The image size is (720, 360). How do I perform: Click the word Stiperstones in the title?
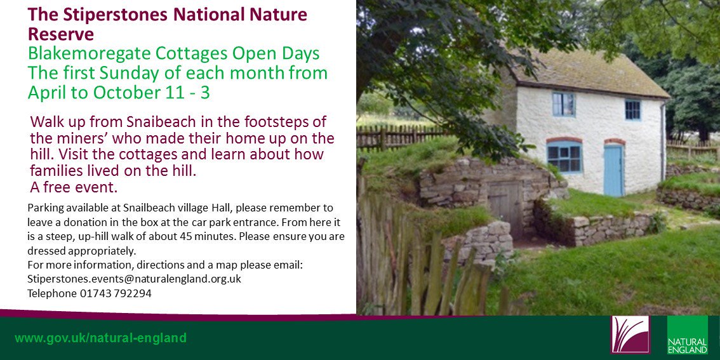coord(116,15)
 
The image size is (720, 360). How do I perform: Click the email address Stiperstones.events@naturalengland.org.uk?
coord(134,279)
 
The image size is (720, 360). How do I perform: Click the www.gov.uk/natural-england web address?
coord(100,338)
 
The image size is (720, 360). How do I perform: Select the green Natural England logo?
coord(687,335)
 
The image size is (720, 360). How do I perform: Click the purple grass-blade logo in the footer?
coord(630,335)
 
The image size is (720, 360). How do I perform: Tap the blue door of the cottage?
coord(613,170)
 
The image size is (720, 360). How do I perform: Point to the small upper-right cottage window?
coord(632,110)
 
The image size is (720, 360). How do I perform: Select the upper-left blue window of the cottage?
coord(563,104)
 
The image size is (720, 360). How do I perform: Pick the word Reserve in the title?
coord(60,34)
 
